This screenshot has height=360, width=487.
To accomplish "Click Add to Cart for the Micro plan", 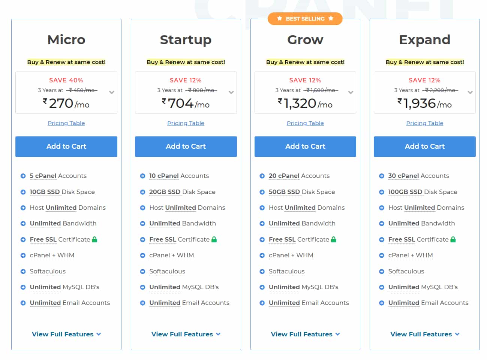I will coord(66,146).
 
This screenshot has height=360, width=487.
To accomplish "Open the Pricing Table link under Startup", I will coord(186,123).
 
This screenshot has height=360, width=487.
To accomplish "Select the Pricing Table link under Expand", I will coord(424,123).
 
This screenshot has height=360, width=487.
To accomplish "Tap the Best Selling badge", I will coord(305,19).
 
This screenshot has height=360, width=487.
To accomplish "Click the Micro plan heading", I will coord(66,40).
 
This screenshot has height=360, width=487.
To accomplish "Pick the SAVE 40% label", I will coord(66,80).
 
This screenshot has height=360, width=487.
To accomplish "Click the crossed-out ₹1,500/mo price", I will coord(321,90).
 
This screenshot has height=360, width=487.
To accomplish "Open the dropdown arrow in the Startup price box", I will coord(231,92).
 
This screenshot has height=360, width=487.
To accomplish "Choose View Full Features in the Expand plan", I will coord(424,334).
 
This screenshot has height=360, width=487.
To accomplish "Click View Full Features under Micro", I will coord(66,334).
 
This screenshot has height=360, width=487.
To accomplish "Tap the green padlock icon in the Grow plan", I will coord(334,239).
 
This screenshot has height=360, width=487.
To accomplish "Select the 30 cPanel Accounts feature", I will coord(418,176).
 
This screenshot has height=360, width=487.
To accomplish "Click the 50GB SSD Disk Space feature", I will coord(301,192).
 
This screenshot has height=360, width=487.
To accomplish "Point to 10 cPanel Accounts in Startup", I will coord(179,176).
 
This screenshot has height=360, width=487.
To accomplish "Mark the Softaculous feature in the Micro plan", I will coord(48,271).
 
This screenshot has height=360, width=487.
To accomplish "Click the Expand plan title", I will coord(424,40).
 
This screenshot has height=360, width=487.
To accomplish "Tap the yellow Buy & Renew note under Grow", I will coord(305,62).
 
